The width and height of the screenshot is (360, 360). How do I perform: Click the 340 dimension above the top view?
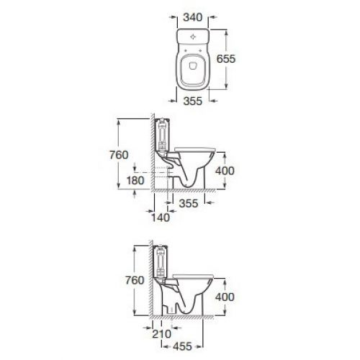click(193, 17)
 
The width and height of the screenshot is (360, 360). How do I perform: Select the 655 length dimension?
click(226, 59)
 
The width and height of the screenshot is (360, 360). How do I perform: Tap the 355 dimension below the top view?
click(193, 101)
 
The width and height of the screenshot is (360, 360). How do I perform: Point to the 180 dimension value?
click(135, 181)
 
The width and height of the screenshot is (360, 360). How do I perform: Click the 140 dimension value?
click(161, 217)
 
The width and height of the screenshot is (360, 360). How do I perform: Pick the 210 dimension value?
click(162, 334)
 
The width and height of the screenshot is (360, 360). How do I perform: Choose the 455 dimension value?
click(182, 346)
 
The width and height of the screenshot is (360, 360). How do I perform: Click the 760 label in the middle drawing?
click(119, 155)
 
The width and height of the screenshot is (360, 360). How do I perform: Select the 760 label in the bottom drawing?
click(135, 280)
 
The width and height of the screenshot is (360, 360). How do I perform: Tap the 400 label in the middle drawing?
click(225, 171)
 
